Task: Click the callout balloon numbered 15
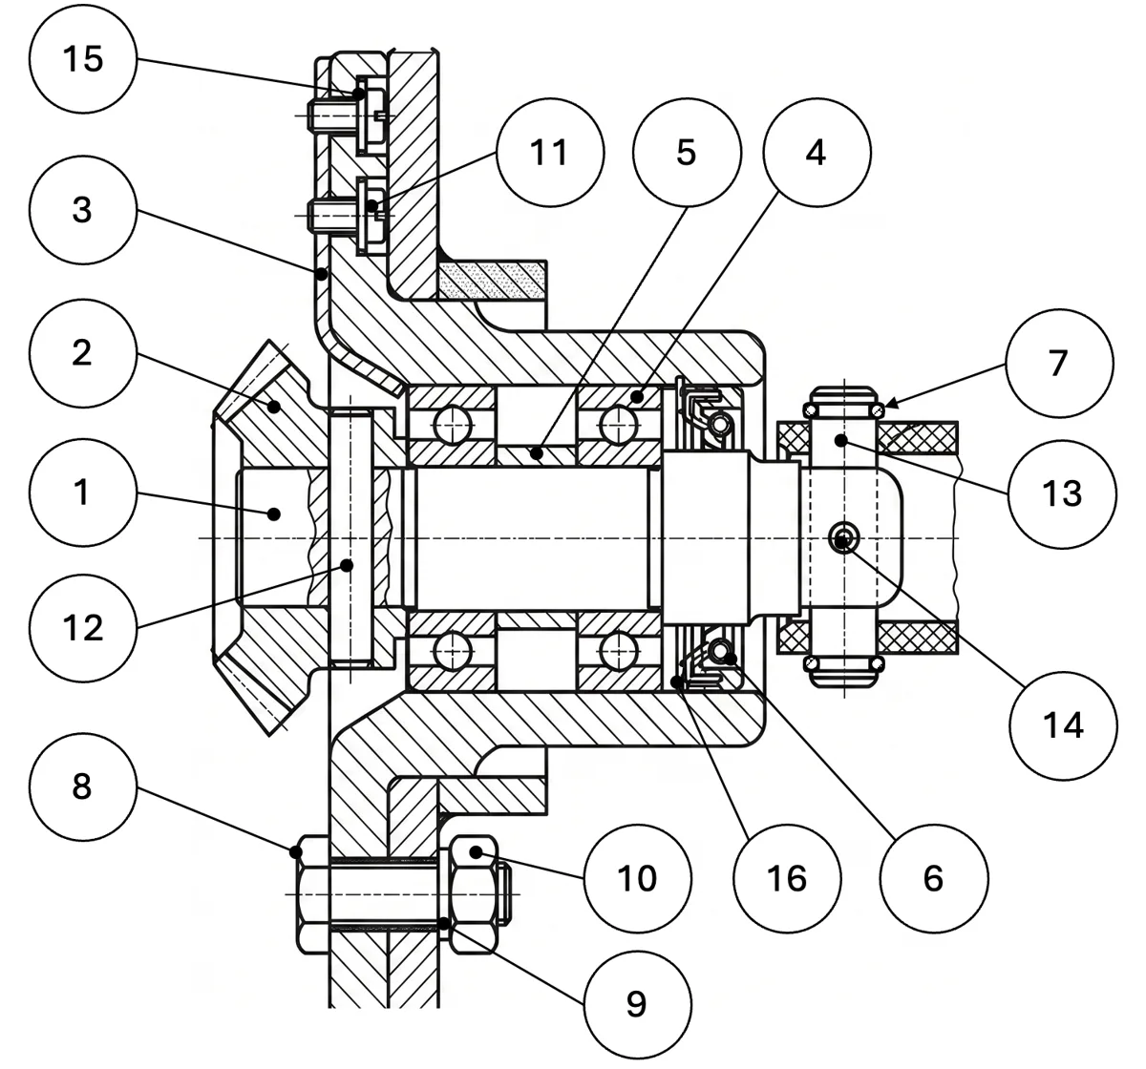click(83, 59)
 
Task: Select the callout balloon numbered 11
click(550, 153)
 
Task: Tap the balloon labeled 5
click(687, 153)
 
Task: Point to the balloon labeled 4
click(817, 153)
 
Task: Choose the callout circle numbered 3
click(83, 210)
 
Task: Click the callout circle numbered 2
click(83, 353)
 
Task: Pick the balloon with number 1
click(83, 493)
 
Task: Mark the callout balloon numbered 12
click(83, 628)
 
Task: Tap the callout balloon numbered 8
click(83, 786)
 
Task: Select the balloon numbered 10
click(638, 879)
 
